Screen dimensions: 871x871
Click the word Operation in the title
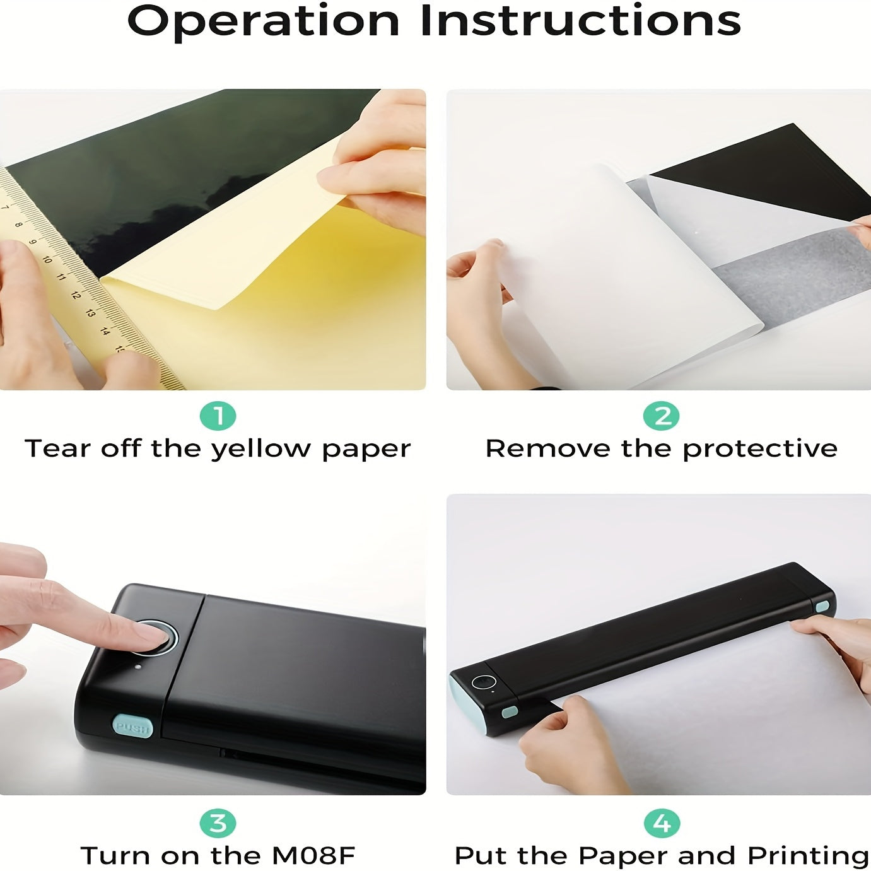coord(264,21)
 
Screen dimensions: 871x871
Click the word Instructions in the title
coord(581,20)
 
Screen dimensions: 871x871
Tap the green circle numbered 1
coord(218,416)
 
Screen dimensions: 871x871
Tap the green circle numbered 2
coord(661,416)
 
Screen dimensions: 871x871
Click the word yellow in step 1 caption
coord(262,450)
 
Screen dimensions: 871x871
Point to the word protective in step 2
coord(760,450)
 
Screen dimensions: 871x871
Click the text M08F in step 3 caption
coord(313,855)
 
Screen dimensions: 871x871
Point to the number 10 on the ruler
coord(47,259)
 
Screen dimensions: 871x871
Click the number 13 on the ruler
coord(91,313)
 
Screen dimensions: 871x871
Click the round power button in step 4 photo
coord(484,682)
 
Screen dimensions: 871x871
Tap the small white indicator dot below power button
coord(138,666)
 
